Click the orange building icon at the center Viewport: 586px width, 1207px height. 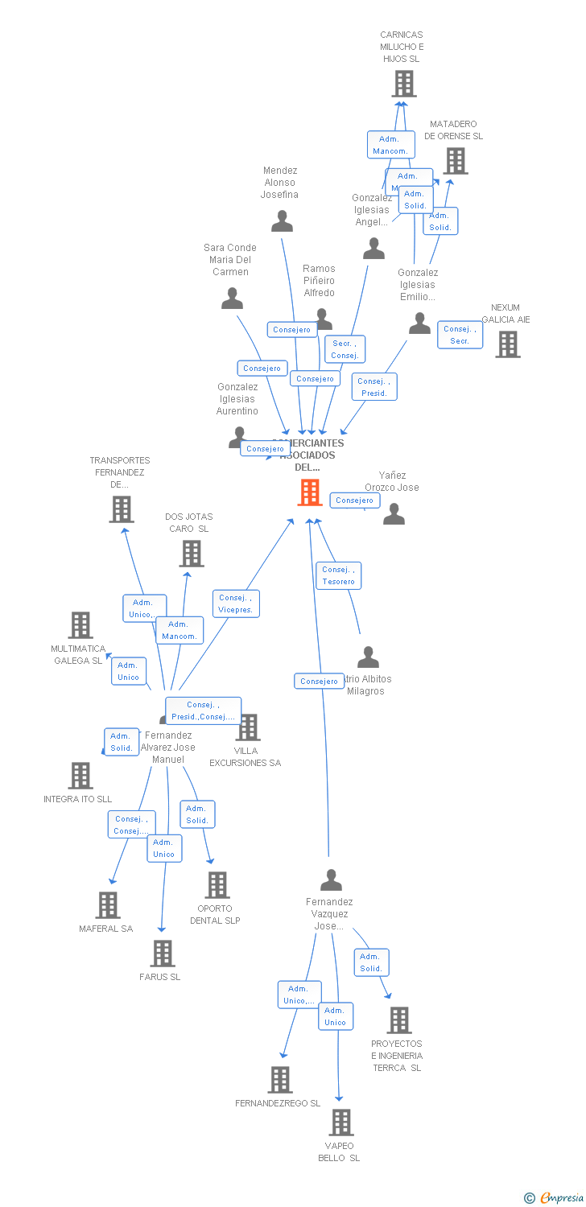(310, 492)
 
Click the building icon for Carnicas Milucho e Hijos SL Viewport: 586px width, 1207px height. (403, 83)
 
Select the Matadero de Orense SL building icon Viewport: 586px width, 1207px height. (456, 160)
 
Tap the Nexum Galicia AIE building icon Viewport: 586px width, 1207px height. (508, 344)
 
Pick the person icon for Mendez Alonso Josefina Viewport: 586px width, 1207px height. (282, 221)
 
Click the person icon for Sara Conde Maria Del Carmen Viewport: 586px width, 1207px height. (232, 299)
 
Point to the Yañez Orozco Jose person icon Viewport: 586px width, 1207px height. (394, 513)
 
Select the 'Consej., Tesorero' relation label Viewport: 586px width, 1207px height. (338, 575)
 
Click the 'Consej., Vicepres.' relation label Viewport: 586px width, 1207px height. (236, 603)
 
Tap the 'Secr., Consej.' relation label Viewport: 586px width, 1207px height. (345, 349)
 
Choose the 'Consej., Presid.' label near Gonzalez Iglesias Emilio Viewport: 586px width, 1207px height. (374, 387)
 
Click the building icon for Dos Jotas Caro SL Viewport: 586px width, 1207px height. (192, 553)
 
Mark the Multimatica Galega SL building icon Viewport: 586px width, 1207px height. (80, 625)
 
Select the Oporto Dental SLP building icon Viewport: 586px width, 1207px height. (217, 884)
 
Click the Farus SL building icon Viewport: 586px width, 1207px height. (163, 953)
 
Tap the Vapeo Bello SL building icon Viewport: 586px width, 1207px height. (341, 1122)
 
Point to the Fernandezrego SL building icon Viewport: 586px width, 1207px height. (279, 1079)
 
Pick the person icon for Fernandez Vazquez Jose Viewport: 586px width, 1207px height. (331, 880)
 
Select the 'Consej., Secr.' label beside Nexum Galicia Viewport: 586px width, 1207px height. (460, 335)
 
